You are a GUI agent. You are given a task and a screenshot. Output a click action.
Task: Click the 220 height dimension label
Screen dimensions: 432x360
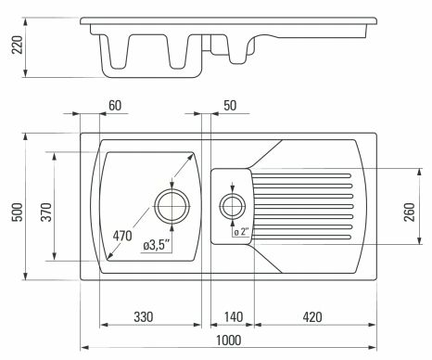(x=18, y=45)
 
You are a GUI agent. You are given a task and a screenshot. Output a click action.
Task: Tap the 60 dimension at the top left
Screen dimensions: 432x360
(x=115, y=106)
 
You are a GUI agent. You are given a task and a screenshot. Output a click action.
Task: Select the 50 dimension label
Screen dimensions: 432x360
(x=230, y=106)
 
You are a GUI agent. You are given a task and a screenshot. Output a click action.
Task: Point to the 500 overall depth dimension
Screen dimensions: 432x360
(x=18, y=212)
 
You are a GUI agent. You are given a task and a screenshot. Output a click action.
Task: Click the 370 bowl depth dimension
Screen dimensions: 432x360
(x=46, y=212)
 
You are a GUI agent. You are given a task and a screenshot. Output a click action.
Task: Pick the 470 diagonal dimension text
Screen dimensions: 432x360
(x=122, y=236)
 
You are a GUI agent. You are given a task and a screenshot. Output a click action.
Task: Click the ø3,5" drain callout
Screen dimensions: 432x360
(x=157, y=246)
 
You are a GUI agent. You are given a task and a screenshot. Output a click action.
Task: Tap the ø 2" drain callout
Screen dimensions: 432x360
(x=241, y=232)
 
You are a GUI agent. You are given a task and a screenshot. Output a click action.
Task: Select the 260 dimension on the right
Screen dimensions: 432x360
(x=410, y=212)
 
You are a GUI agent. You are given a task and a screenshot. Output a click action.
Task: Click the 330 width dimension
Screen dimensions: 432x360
(x=144, y=317)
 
